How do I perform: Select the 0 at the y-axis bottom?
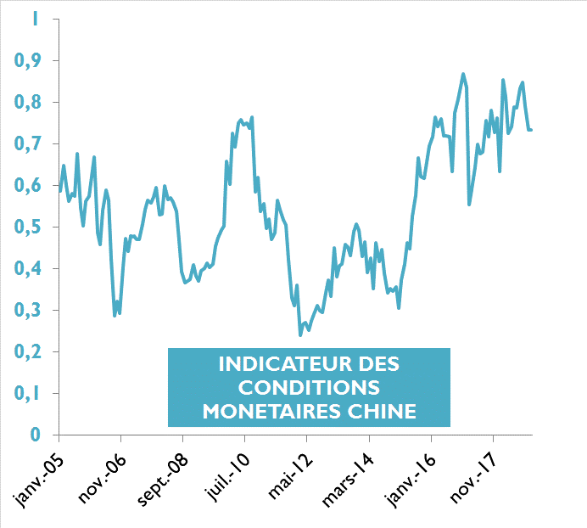36,435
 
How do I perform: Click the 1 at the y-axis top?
35,18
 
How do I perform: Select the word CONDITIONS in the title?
309,388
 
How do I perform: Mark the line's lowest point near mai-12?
299,335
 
